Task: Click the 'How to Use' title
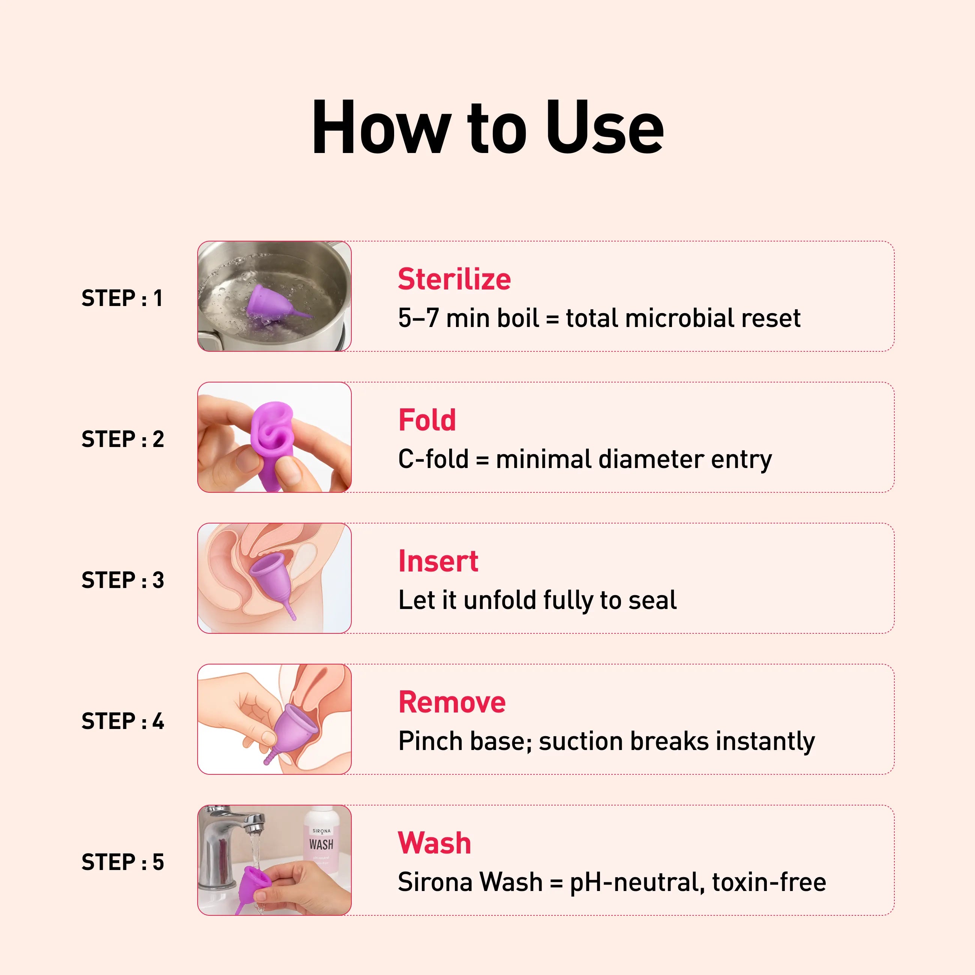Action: [x=487, y=127]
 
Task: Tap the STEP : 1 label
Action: [x=122, y=298]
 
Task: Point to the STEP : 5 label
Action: [x=123, y=862]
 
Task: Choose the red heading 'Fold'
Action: [x=427, y=420]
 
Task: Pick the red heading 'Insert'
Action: [x=438, y=561]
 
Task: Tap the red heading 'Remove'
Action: [x=451, y=702]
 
